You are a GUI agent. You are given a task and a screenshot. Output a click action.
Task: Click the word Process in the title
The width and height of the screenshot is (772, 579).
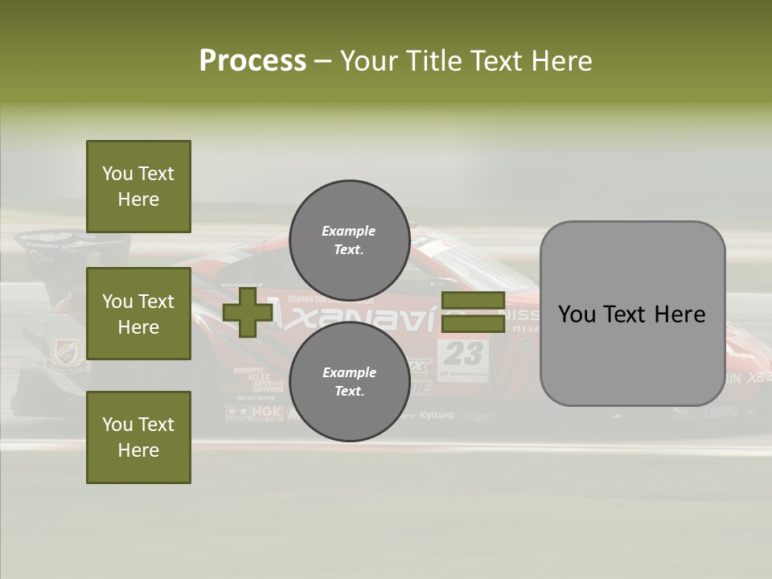click(x=253, y=61)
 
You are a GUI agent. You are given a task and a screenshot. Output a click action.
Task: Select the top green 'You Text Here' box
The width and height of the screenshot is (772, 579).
click(x=138, y=187)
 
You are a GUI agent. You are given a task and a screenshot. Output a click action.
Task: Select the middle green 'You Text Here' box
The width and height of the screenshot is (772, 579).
click(x=138, y=314)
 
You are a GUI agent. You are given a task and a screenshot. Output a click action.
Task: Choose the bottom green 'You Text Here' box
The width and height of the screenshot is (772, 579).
click(x=138, y=437)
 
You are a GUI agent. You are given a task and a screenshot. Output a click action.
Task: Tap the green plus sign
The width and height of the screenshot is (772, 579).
click(x=247, y=313)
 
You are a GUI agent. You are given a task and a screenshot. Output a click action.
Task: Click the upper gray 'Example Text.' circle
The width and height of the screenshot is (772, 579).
click(x=349, y=240)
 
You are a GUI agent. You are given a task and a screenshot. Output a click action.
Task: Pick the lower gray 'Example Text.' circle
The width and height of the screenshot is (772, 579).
click(x=349, y=381)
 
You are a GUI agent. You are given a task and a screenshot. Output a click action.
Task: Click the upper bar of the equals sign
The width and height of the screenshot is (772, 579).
click(x=473, y=301)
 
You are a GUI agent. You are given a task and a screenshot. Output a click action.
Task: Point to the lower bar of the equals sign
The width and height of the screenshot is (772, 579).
click(x=473, y=324)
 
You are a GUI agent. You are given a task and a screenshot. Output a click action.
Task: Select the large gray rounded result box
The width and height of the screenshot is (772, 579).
click(x=632, y=314)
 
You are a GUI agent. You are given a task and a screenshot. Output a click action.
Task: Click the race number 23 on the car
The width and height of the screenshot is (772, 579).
click(x=463, y=353)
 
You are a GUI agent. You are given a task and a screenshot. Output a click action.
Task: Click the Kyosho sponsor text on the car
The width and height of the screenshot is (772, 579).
click(x=437, y=416)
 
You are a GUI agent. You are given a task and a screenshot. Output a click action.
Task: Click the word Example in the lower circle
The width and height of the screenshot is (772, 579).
click(x=349, y=372)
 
